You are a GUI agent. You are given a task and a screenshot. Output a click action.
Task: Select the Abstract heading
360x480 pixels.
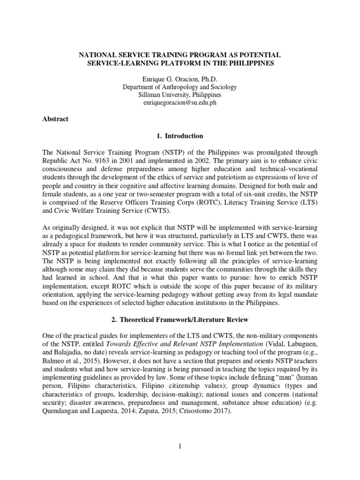click(55, 119)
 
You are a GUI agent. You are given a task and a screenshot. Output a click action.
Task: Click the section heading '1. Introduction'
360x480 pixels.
click(180, 136)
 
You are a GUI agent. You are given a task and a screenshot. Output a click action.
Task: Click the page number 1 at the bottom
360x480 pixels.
click(180, 446)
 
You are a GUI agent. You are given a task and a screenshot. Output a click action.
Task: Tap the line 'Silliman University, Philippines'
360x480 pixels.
click(180, 95)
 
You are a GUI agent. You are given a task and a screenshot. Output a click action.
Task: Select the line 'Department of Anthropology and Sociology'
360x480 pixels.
click(180, 87)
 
